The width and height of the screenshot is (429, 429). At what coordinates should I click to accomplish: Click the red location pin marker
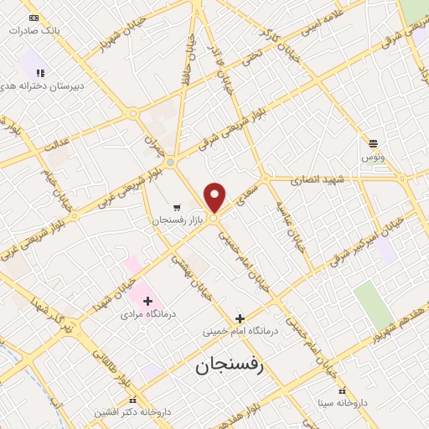pyautogui.click(x=215, y=198)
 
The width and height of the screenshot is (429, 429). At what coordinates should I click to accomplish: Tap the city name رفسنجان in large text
pyautogui.click(x=229, y=366)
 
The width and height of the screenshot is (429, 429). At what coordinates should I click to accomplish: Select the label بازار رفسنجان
pyautogui.click(x=178, y=220)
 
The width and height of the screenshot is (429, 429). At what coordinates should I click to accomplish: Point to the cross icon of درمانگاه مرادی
pyautogui.click(x=148, y=301)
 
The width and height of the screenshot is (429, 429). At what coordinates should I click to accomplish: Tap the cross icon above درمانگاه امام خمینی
pyautogui.click(x=240, y=318)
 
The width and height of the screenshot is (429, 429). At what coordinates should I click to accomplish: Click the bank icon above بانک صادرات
pyautogui.click(x=34, y=18)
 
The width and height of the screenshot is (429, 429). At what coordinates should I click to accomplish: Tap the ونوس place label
pyautogui.click(x=373, y=157)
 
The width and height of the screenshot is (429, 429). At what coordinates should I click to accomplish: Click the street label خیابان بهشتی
pyautogui.click(x=183, y=269)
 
